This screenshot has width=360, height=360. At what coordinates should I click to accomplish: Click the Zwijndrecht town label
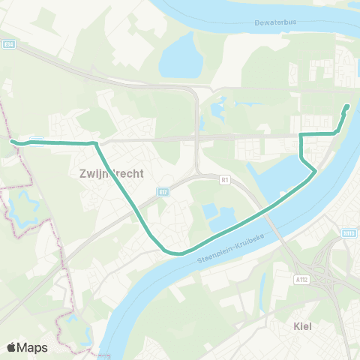(x=110, y=172)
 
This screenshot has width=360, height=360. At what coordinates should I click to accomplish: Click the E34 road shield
(x=8, y=44)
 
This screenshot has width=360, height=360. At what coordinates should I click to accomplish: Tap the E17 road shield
(x=163, y=193)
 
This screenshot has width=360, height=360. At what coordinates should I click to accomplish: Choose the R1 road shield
(x=224, y=180)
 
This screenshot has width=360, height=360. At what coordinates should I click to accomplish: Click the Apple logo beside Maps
(x=12, y=347)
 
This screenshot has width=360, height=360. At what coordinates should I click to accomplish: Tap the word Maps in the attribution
(x=34, y=347)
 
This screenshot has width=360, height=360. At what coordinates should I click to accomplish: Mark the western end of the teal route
(x=12, y=140)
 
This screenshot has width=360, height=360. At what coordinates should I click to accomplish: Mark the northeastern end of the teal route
(x=347, y=106)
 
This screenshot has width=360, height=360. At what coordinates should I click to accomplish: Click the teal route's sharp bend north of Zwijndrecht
(x=96, y=142)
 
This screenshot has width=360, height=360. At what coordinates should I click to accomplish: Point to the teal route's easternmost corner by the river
(x=315, y=172)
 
